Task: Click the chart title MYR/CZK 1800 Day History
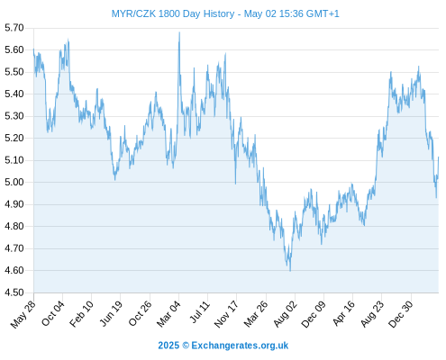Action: click(173, 13)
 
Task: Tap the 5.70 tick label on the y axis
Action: click(14, 28)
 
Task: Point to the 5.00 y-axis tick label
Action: click(14, 182)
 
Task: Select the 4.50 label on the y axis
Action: click(14, 292)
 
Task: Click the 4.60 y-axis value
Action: click(14, 270)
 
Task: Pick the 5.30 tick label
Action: click(14, 116)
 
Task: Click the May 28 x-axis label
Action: click(23, 314)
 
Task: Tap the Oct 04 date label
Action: click(53, 313)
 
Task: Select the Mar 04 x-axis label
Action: click(168, 314)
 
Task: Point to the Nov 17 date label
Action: click(226, 314)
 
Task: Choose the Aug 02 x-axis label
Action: click(286, 314)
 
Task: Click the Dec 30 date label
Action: click(401, 314)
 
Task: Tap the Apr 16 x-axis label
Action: click(343, 313)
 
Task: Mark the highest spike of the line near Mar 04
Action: click(179, 32)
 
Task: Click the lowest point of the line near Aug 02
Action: click(290, 271)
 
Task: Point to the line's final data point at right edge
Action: click(439, 157)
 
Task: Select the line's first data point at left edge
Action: click(33, 49)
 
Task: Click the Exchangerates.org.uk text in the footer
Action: click(240, 346)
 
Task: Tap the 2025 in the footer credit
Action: click(168, 346)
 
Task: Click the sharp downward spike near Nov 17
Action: click(235, 184)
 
